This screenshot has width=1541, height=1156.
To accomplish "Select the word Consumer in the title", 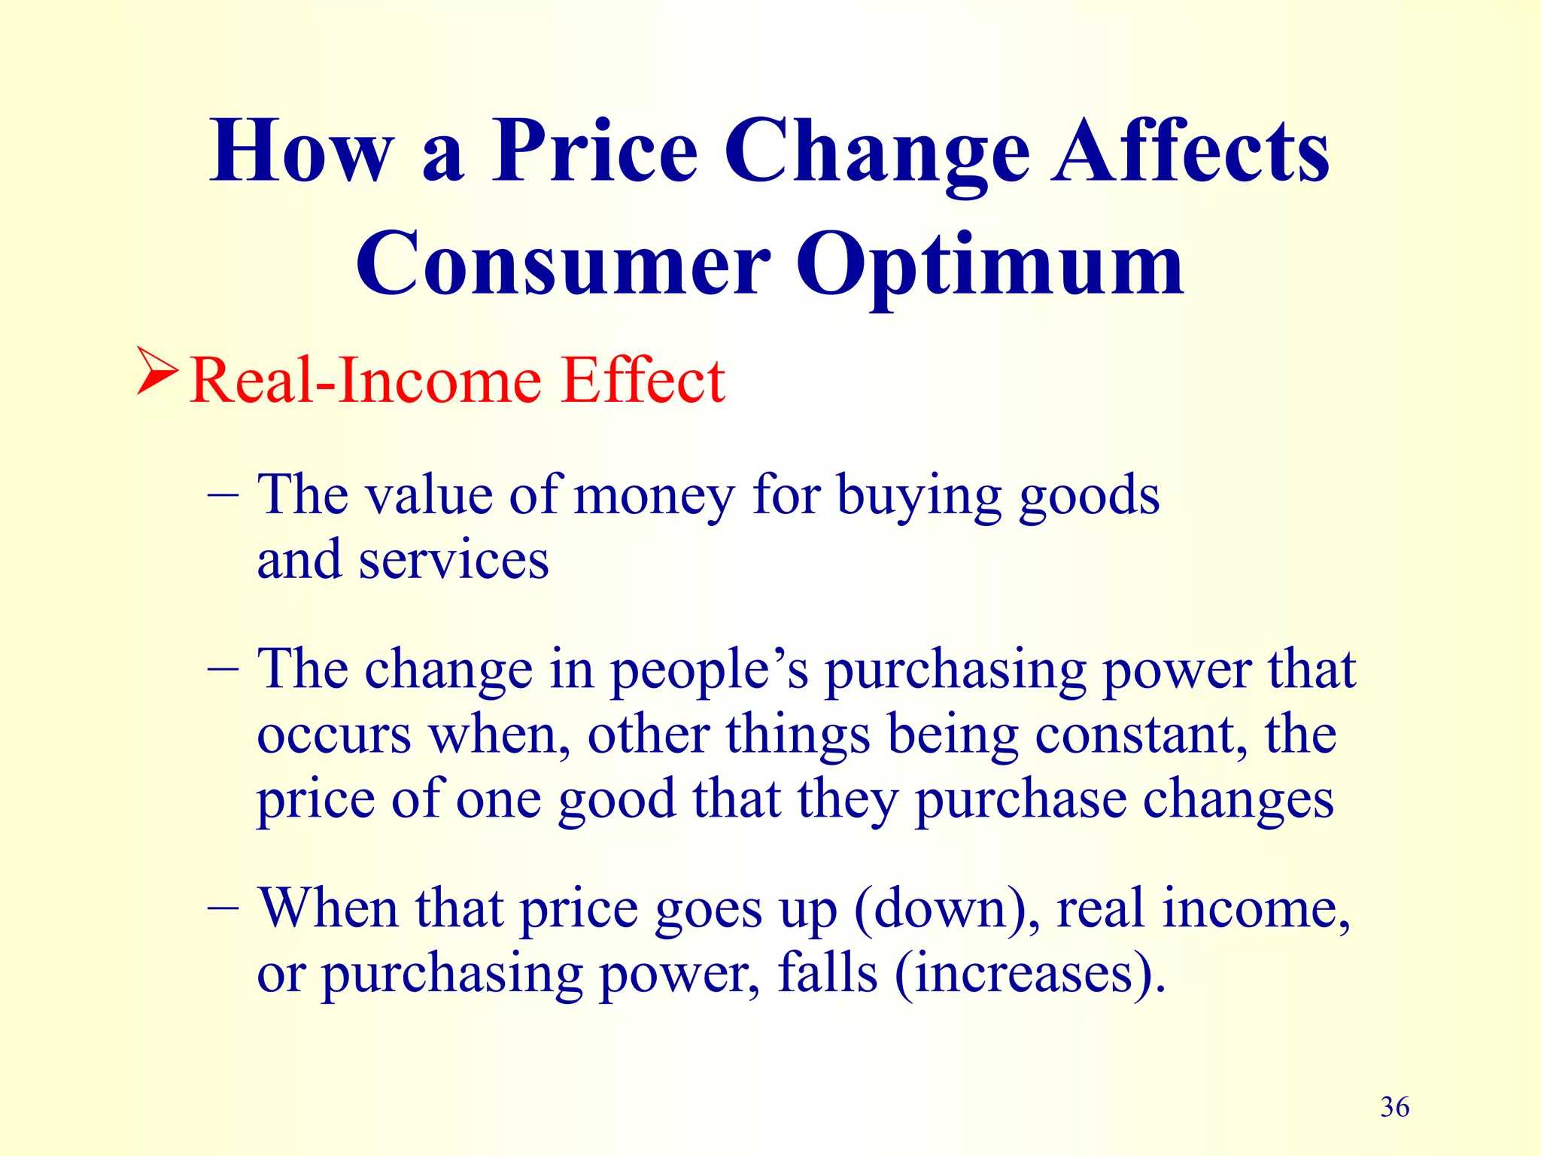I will [563, 265].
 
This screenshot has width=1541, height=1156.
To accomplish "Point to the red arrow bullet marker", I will [157, 370].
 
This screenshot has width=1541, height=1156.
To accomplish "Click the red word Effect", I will [643, 380].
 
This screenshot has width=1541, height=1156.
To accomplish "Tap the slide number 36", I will [1394, 1107].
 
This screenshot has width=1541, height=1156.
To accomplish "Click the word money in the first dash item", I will [653, 497].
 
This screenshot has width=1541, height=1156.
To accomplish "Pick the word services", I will [454, 561].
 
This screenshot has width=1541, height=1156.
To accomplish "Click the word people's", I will [708, 670].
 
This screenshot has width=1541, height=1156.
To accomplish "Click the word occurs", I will [334, 736].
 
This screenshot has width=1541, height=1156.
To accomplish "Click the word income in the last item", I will [1255, 909].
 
